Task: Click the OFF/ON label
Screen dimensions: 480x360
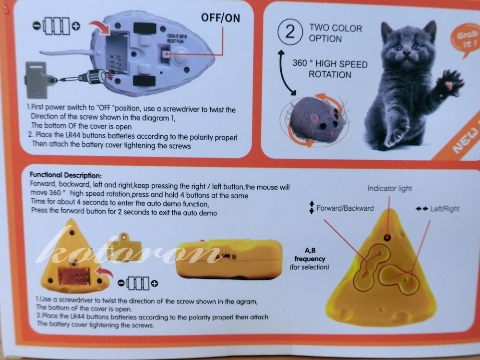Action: coord(220,18)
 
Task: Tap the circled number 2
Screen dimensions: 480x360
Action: coord(290,32)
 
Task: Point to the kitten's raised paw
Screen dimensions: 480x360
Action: coord(449,83)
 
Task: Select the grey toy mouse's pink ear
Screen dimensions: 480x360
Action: coord(315,118)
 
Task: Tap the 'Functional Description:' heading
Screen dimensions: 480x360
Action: coord(65,175)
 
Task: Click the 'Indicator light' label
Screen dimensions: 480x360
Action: coord(389,188)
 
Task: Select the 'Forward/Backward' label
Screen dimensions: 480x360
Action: coord(345,208)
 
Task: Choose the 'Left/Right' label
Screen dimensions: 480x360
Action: coord(445,209)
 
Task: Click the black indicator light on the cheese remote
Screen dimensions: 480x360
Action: coord(387,237)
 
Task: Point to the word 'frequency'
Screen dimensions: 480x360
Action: coord(310,259)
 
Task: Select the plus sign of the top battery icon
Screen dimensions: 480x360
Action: coord(76,26)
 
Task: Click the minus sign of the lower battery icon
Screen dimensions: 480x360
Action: coord(121,283)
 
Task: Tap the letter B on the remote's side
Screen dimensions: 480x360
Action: coord(234,257)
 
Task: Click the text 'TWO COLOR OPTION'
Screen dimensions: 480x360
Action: coord(336,34)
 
